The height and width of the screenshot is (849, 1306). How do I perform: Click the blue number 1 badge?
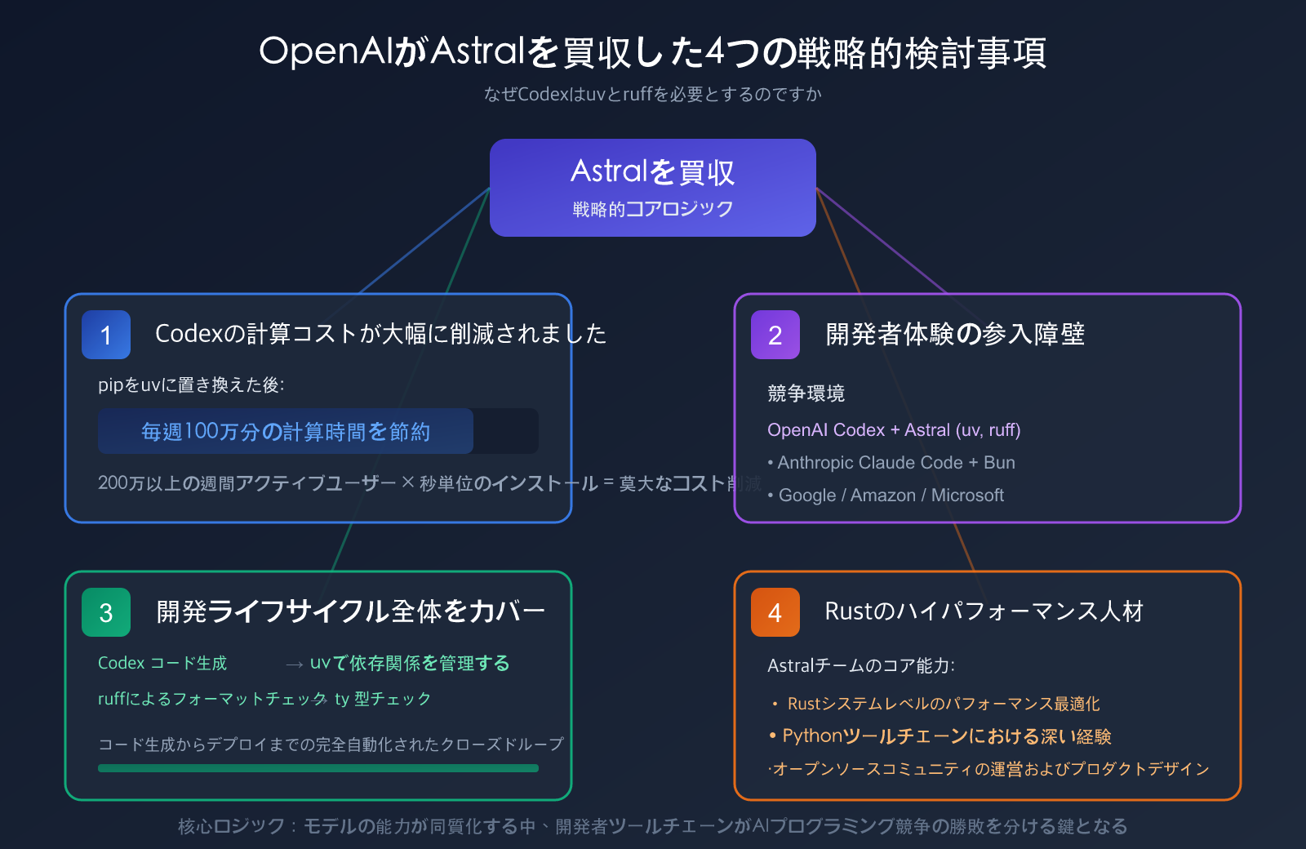point(106,335)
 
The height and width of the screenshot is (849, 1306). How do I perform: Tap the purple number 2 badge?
point(775,335)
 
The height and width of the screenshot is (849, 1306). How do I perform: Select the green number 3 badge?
point(106,612)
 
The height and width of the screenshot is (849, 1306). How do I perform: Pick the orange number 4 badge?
point(775,612)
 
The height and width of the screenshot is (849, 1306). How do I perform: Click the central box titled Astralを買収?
point(653,188)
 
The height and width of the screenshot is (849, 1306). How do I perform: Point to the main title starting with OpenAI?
point(653,52)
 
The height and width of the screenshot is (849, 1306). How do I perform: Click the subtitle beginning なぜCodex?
point(653,95)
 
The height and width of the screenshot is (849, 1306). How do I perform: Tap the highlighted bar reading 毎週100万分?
point(286,431)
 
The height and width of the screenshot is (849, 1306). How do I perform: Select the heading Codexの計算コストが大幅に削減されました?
point(380,334)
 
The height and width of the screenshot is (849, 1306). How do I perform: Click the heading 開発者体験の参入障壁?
point(955,334)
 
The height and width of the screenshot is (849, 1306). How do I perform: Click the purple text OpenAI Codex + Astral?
point(894,430)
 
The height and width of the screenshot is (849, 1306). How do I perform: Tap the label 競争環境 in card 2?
point(806,393)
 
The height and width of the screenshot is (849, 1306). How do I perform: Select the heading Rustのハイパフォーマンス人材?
point(984,611)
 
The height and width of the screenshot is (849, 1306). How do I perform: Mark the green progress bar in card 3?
point(318,768)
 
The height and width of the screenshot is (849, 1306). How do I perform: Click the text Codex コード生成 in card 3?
point(162,663)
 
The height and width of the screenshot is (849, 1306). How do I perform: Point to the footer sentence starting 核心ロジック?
point(653,827)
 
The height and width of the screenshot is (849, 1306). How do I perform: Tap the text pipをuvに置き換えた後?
point(191,385)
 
